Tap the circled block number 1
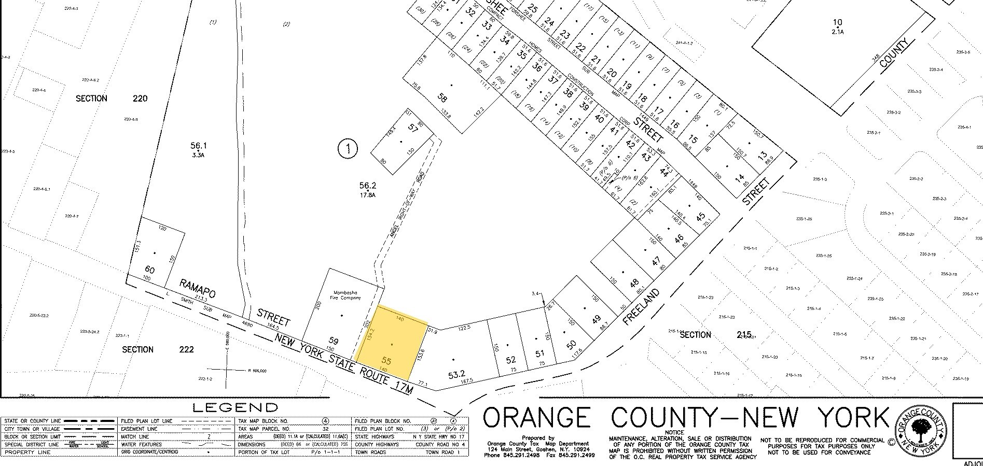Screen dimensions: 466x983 [x=348, y=150]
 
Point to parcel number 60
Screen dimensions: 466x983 [x=150, y=270]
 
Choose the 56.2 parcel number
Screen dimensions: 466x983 [x=367, y=186]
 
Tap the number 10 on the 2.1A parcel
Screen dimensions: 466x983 [x=837, y=22]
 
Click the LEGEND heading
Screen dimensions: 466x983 [x=235, y=407]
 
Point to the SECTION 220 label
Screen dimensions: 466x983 [x=112, y=98]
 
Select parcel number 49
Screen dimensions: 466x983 [x=597, y=320]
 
